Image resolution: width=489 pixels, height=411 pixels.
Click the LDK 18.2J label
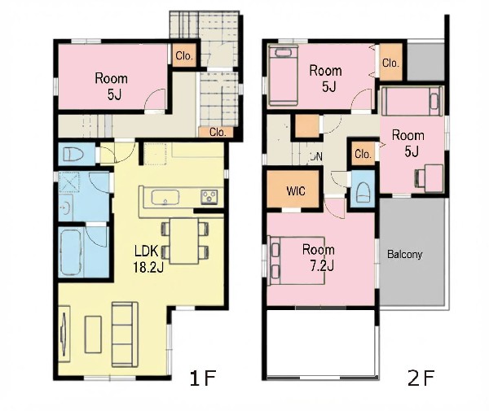[x=148, y=259]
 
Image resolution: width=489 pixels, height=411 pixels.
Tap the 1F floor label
[x=203, y=378]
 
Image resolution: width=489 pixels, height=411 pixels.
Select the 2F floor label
[x=421, y=378]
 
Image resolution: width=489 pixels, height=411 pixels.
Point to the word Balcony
[x=404, y=255]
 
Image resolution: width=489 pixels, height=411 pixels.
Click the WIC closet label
[x=296, y=190]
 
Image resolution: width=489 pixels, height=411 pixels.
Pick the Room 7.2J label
[x=319, y=258]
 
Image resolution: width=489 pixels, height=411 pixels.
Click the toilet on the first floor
[x=73, y=154]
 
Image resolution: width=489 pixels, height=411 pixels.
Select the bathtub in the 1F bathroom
[x=72, y=252]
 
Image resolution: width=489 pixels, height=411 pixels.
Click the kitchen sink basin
[x=165, y=198]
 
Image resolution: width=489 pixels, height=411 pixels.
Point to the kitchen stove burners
[x=209, y=197]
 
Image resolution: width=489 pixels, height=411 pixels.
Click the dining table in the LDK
[x=184, y=241]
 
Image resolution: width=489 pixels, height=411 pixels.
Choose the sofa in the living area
[x=125, y=334]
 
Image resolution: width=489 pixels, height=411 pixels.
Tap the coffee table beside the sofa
[x=93, y=334]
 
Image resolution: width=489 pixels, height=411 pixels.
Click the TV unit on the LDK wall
[x=64, y=334]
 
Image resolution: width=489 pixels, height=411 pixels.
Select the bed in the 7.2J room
[x=297, y=261]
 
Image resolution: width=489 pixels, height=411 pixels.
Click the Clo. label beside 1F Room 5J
[x=184, y=55]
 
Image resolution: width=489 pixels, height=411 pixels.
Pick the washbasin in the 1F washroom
[x=66, y=208]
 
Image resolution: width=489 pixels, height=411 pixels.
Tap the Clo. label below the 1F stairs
[x=218, y=133]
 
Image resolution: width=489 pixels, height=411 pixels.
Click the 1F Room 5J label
[x=112, y=86]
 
